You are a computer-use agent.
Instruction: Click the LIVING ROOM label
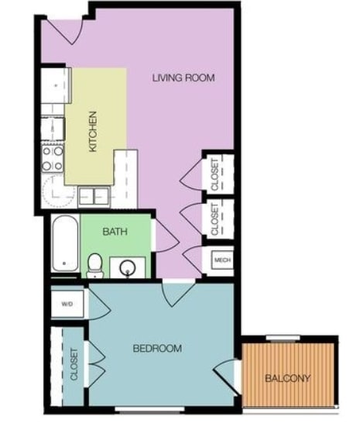(183, 77)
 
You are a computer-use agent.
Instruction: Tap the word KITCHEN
(93, 131)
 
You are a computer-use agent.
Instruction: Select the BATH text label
(115, 230)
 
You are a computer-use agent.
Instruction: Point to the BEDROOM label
(157, 349)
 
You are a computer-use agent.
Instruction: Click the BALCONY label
(287, 379)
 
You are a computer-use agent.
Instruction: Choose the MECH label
(221, 260)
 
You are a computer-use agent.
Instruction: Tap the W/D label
(67, 303)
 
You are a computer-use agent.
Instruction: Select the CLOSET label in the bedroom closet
(74, 365)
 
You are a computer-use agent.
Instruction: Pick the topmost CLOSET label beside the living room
(216, 174)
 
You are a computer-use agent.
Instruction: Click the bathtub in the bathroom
(65, 243)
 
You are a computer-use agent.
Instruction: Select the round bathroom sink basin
(129, 268)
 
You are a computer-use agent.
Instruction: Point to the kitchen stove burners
(53, 158)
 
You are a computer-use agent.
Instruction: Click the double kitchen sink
(93, 196)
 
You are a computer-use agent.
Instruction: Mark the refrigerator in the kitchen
(54, 85)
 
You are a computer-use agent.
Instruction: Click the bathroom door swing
(165, 236)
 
